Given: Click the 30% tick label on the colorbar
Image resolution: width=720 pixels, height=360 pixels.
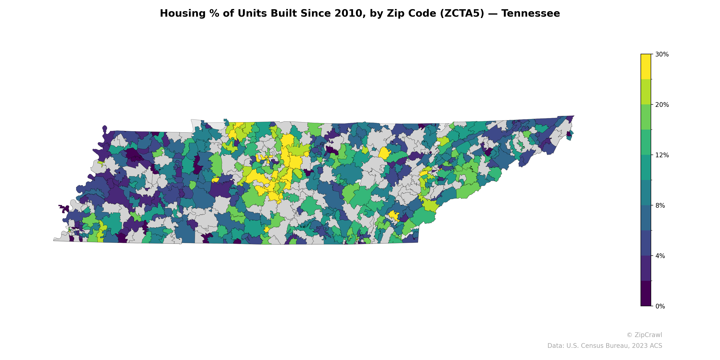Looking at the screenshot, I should coord(662,54).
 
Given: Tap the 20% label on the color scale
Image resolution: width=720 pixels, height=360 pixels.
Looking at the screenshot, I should coord(662,105).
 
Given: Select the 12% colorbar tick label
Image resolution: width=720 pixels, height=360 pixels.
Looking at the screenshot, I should coord(662,155).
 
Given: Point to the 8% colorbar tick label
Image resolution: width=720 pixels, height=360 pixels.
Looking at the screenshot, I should coord(660,206).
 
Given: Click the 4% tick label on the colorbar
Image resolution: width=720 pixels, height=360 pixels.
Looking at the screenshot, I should coord(660,256).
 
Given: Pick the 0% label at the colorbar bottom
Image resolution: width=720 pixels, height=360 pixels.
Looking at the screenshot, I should coord(660,306).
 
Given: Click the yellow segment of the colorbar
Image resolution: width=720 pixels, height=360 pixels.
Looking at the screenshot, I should coord(646,67).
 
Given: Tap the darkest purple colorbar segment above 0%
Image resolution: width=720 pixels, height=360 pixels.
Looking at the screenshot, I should coord(646,293).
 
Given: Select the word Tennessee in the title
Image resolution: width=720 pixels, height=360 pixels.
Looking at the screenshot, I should coord(531,13).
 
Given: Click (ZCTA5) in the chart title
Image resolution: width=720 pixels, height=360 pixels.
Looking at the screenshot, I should coord(462,13).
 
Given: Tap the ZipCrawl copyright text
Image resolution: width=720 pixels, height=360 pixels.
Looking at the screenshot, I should coord(644,335).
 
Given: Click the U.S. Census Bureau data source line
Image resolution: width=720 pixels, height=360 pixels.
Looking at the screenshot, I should coord(605,346).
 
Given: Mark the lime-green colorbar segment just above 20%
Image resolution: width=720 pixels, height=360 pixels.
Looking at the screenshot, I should coord(646,92).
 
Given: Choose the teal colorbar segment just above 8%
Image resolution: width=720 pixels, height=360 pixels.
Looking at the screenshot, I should coord(646,193).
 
